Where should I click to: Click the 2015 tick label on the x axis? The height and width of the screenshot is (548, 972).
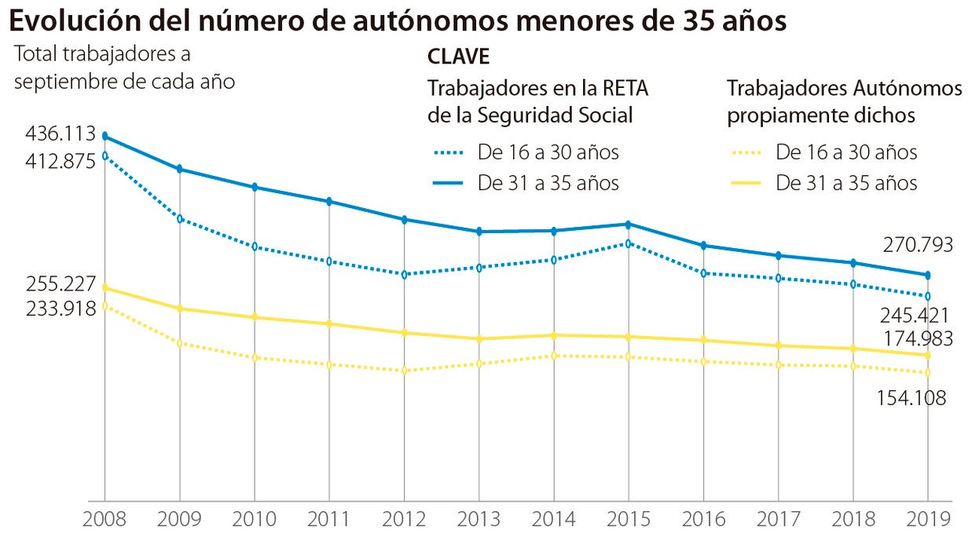(x=628, y=520)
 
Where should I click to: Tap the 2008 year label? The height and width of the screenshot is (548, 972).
(x=105, y=520)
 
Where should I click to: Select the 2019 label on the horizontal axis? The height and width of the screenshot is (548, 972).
(x=928, y=520)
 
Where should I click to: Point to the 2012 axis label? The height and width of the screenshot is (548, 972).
(x=404, y=520)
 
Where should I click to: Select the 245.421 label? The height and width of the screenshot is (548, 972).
(x=914, y=316)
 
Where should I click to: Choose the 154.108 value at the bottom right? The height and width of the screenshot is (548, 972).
(x=911, y=398)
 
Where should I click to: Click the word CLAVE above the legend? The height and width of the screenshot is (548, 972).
(x=458, y=57)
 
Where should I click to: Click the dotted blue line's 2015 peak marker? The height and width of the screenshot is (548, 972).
(x=628, y=243)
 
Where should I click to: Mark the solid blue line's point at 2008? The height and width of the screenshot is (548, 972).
(x=105, y=136)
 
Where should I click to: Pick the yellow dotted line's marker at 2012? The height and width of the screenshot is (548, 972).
(x=404, y=371)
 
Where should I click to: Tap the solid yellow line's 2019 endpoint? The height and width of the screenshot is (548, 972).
(x=928, y=356)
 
